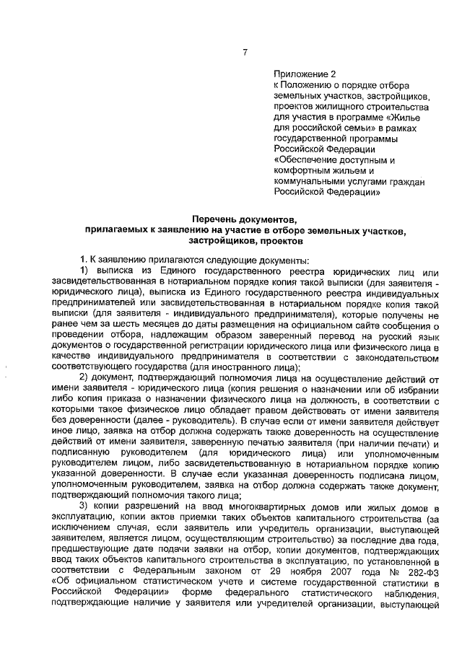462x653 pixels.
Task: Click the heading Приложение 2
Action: click(305, 74)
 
